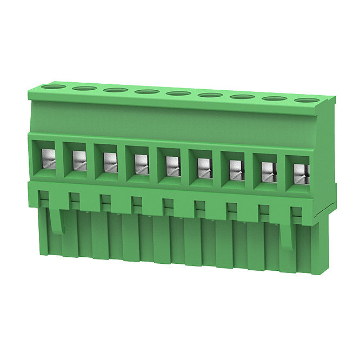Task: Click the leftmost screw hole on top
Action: (x=53, y=86)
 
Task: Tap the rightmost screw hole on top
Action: (x=306, y=100)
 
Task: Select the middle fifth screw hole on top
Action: (x=178, y=94)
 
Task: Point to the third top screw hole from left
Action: (x=116, y=90)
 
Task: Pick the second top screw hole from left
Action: (x=84, y=88)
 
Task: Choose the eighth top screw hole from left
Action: (x=274, y=98)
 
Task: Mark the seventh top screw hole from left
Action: (x=242, y=97)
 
